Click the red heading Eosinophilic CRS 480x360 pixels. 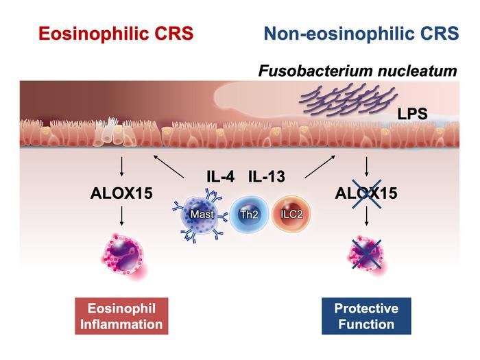point(115,35)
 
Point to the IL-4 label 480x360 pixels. point(221,178)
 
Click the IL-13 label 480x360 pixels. point(266,178)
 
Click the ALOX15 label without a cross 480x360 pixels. point(121,193)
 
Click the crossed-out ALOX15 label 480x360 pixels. point(366,193)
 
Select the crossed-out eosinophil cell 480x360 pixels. point(365,252)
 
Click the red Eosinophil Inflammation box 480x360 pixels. point(121,315)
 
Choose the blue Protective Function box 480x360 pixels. point(366,315)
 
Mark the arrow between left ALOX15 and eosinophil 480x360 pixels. point(121,217)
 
